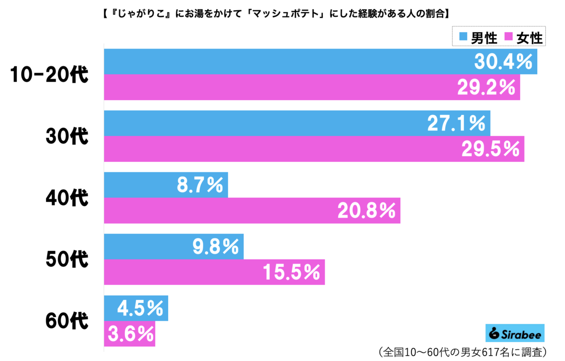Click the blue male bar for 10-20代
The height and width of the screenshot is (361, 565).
click(x=282, y=62)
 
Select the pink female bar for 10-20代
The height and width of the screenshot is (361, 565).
click(x=282, y=87)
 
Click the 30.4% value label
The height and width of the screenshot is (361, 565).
click(x=503, y=62)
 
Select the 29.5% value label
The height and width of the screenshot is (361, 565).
click(x=490, y=149)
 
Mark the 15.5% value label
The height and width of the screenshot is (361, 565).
click(x=291, y=272)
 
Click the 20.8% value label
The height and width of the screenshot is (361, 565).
click(x=366, y=210)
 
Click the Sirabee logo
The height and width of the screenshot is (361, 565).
click(x=515, y=333)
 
